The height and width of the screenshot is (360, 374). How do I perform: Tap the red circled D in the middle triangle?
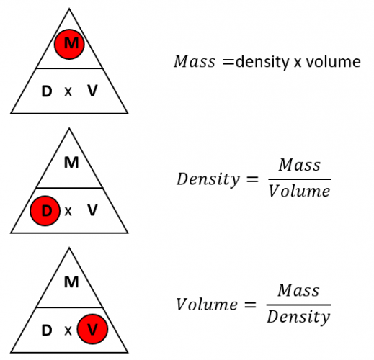(46, 211)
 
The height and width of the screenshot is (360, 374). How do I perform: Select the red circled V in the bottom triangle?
(92, 330)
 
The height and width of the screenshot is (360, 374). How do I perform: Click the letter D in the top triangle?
(47, 91)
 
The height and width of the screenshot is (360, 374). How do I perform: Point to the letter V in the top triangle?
(92, 91)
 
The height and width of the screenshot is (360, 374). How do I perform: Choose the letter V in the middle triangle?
(92, 211)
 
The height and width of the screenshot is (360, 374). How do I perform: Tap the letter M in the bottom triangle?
(71, 282)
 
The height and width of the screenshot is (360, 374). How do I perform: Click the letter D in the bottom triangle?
(47, 330)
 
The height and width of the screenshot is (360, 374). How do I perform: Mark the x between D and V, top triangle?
(69, 92)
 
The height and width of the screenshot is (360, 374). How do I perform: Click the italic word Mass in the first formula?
(194, 62)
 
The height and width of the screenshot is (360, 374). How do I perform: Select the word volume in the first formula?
(332, 62)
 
